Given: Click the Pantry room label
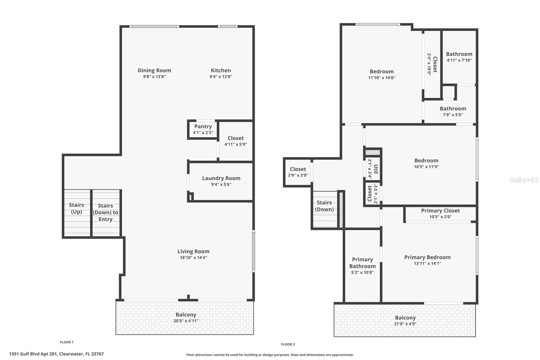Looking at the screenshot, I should click(203, 127).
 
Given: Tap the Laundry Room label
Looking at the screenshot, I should click(221, 178).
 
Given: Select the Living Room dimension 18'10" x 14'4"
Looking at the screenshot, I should click(193, 258).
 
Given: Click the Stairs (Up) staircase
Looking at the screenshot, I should click(77, 213).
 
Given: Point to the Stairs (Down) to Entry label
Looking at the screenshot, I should click(105, 212).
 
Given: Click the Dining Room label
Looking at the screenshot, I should click(154, 71).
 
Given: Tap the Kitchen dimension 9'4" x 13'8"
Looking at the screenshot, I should click(221, 77).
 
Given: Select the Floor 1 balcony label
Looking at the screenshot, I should click(186, 315).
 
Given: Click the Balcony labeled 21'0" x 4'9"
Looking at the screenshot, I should click(405, 320).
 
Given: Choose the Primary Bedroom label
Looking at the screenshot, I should click(427, 257).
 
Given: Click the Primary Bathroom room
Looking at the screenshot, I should click(362, 265).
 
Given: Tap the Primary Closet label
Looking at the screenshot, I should click(440, 211).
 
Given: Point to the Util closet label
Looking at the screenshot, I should click(376, 169).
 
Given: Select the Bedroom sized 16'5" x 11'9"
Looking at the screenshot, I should click(426, 163).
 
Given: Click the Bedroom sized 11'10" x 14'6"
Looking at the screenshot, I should click(381, 74).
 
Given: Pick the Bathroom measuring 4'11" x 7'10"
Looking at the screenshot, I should click(459, 57).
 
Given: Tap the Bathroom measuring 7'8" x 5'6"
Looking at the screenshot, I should click(453, 111).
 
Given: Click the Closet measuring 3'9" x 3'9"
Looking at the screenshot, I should click(298, 172).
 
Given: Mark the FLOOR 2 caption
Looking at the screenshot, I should click(288, 344).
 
